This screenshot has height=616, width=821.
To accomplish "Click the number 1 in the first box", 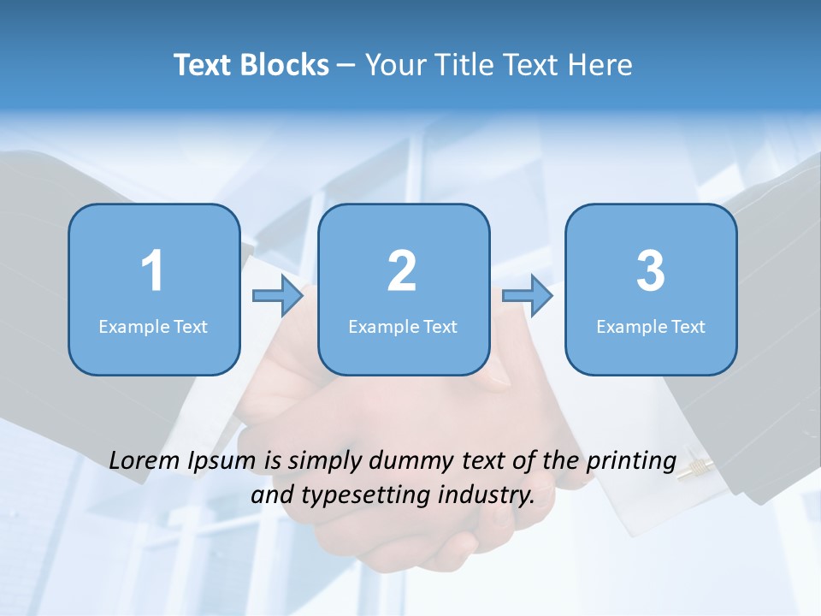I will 152,271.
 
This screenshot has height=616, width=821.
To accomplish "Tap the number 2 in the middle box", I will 402,271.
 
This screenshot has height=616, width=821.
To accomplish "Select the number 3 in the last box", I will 651,271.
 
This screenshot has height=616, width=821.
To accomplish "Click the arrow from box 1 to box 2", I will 278,296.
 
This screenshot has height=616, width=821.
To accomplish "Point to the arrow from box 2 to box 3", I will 528,296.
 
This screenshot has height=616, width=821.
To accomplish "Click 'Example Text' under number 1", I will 153,326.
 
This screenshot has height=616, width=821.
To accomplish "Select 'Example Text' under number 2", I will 403,326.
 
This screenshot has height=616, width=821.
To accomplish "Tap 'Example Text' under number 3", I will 651,326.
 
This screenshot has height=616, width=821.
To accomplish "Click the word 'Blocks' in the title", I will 286,65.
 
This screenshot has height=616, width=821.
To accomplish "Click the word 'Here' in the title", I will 601,65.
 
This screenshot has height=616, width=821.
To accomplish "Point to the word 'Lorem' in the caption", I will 146,460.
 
